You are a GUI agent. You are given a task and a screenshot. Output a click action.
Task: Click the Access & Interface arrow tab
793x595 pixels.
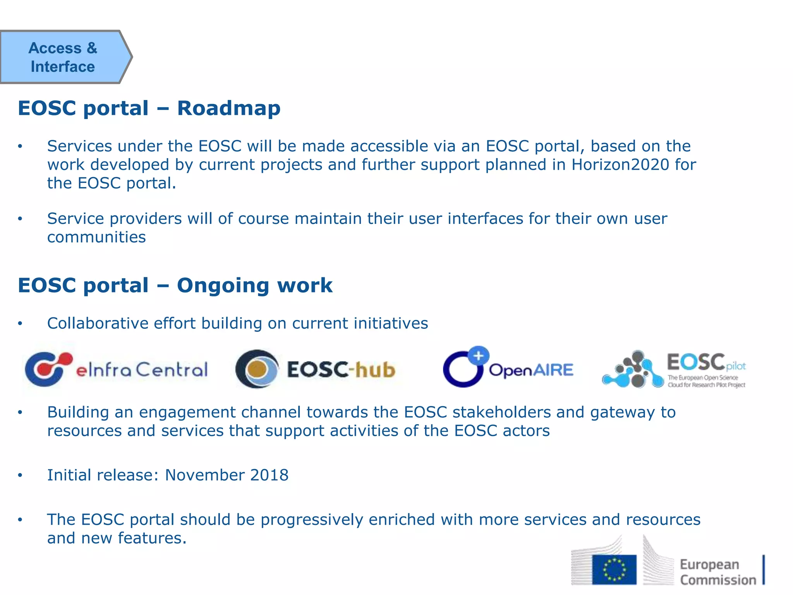(64, 57)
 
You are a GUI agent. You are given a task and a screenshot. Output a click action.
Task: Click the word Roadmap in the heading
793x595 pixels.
(228, 108)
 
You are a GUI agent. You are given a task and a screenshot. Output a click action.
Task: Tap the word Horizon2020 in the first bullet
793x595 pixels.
(620, 165)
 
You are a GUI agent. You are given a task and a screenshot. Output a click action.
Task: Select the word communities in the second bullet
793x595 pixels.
(96, 237)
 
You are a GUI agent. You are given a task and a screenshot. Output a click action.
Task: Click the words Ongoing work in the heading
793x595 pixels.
(254, 285)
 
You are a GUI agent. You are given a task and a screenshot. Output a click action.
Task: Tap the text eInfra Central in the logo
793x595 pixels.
(142, 370)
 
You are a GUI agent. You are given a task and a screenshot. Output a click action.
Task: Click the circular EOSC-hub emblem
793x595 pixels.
(257, 369)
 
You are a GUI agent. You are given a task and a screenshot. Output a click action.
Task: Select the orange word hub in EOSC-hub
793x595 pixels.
(375, 370)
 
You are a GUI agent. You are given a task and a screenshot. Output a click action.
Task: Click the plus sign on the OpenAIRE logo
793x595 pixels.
(479, 355)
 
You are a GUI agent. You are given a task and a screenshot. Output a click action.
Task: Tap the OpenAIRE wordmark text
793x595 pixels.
(531, 370)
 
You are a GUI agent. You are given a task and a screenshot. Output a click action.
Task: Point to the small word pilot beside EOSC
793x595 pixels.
(736, 366)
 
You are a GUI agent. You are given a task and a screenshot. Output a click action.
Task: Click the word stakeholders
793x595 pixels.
(501, 412)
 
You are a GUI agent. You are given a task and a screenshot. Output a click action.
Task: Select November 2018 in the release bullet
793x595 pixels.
(227, 475)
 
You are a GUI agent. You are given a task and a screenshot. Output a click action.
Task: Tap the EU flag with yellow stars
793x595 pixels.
(614, 569)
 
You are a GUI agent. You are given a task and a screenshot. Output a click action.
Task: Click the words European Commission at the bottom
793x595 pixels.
(717, 572)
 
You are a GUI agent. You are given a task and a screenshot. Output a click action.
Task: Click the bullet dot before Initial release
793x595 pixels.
(20, 476)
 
